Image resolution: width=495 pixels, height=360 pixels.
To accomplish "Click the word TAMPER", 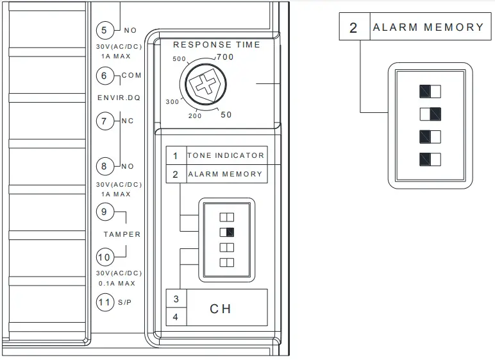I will [122, 234].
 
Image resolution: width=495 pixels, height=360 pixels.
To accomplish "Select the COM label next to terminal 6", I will [131, 76].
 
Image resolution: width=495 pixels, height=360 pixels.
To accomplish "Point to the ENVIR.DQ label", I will [119, 98].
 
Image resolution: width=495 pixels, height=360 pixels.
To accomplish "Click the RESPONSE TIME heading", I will [217, 45].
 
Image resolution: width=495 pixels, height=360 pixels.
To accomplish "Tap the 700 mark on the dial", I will [225, 58].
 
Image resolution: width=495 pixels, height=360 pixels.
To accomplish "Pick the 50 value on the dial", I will [226, 115].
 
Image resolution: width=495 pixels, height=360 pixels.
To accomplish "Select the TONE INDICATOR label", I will [225, 155].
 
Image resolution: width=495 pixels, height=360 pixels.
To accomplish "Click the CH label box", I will [221, 308].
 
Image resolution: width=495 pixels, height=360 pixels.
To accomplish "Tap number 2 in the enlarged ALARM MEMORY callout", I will [353, 28].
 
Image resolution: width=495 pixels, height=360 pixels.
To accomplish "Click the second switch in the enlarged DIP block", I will [430, 114].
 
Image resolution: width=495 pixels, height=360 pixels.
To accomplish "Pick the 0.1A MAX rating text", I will [118, 283].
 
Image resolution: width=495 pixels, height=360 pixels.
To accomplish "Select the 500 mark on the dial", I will [180, 59].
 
